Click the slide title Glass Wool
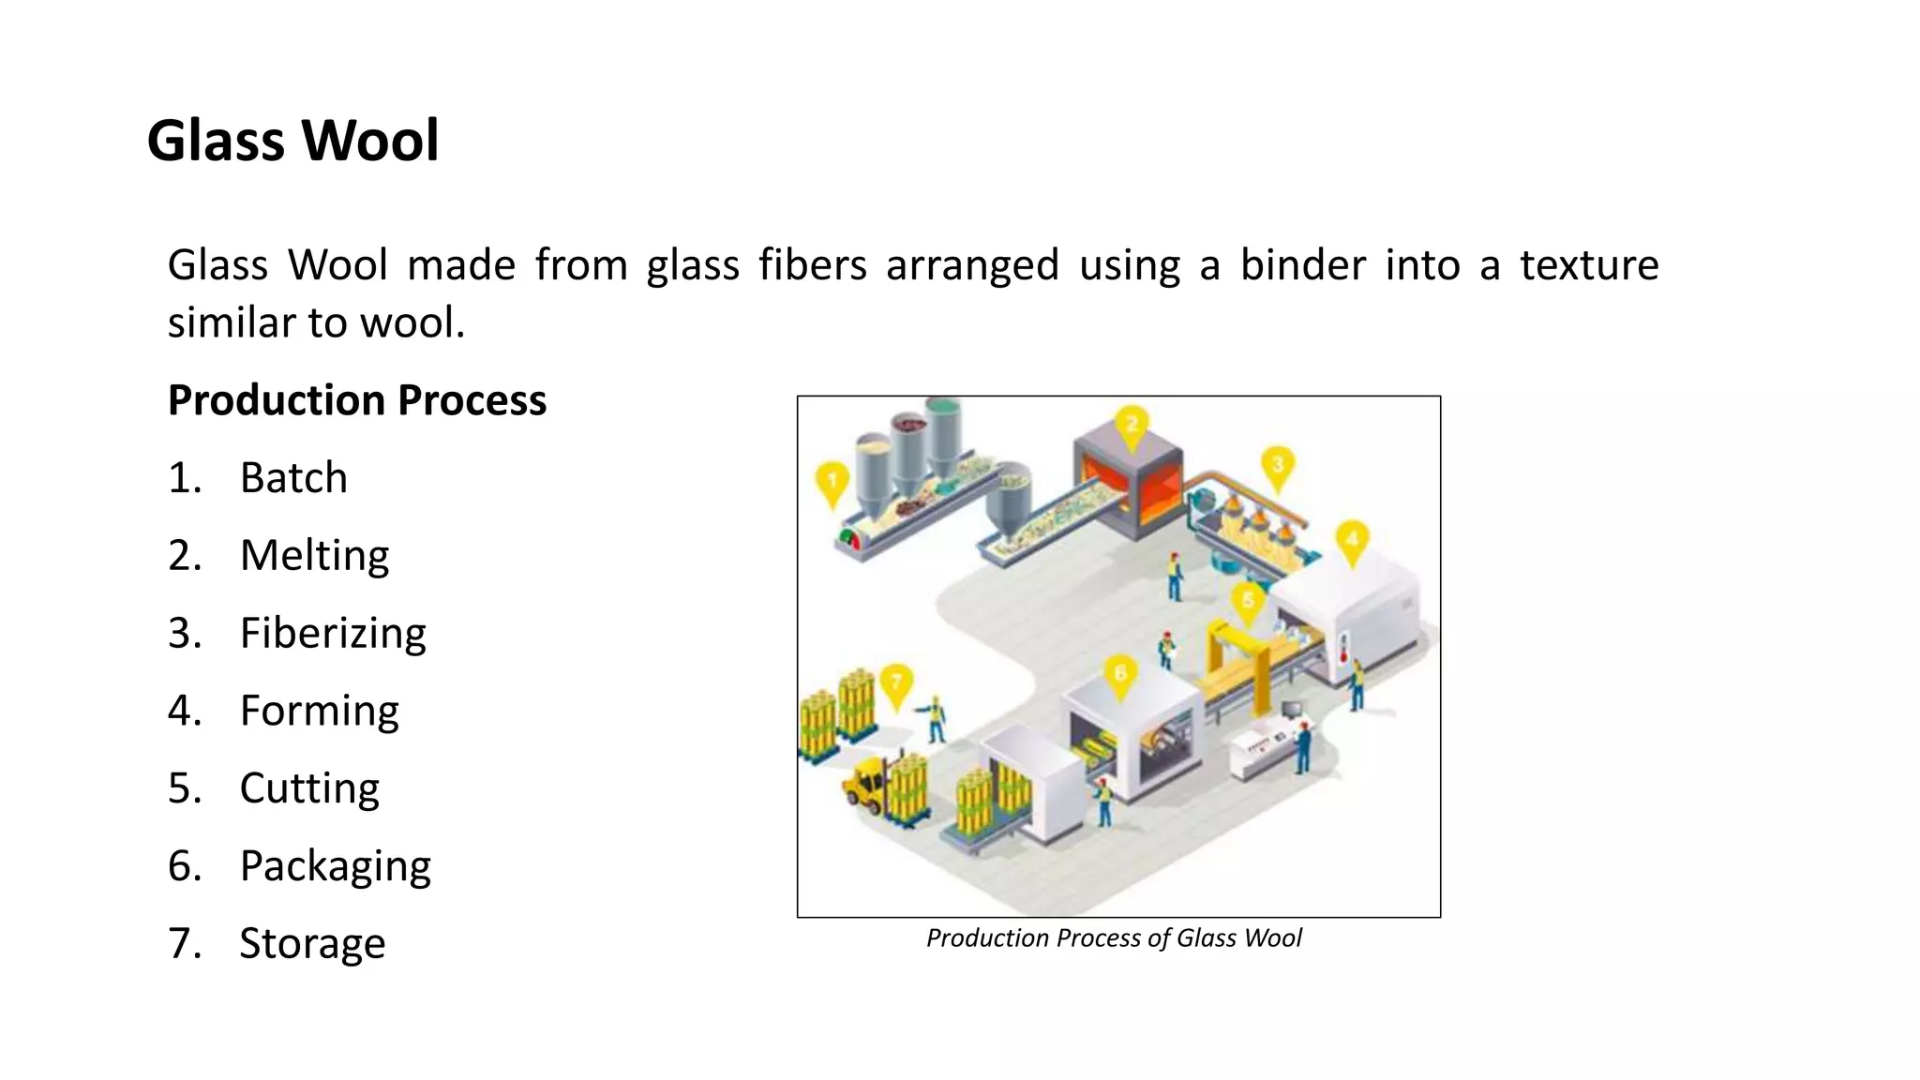click(x=292, y=141)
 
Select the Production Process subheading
click(x=356, y=400)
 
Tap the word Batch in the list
click(x=293, y=478)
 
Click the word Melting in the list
click(x=314, y=556)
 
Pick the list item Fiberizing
click(x=333, y=634)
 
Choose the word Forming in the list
click(x=319, y=711)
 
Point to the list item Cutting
click(x=309, y=788)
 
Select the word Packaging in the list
click(x=335, y=866)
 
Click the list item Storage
click(x=312, y=944)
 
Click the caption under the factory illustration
click(x=1114, y=938)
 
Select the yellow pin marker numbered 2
click(x=1132, y=427)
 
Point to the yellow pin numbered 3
click(x=1277, y=467)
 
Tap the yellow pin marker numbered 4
click(x=1351, y=542)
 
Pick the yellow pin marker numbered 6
click(x=1120, y=676)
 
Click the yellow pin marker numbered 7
click(x=896, y=684)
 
